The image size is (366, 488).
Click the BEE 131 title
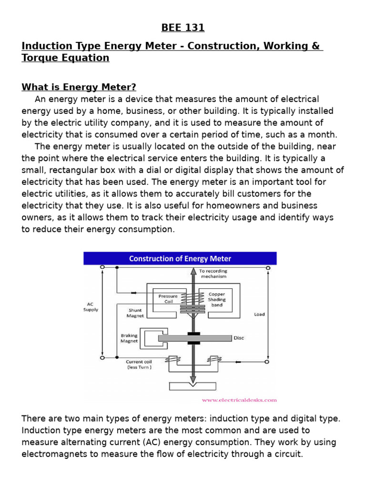(183, 28)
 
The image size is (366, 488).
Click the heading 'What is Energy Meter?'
(79, 87)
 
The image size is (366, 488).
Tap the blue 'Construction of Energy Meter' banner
(180, 259)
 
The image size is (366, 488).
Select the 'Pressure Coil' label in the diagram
(167, 298)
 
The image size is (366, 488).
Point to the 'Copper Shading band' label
(217, 300)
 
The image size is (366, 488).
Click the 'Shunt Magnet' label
(135, 313)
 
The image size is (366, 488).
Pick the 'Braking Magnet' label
(129, 338)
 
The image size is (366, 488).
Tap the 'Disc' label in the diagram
(239, 338)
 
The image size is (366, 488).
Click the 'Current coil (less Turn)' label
(139, 365)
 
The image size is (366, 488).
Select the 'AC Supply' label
(91, 306)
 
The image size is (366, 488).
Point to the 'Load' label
(259, 315)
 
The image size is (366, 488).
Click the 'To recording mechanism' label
(213, 274)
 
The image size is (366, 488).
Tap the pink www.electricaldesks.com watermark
(239, 400)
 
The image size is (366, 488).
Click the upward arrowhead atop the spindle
(193, 271)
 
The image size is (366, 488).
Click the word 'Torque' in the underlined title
(40, 58)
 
